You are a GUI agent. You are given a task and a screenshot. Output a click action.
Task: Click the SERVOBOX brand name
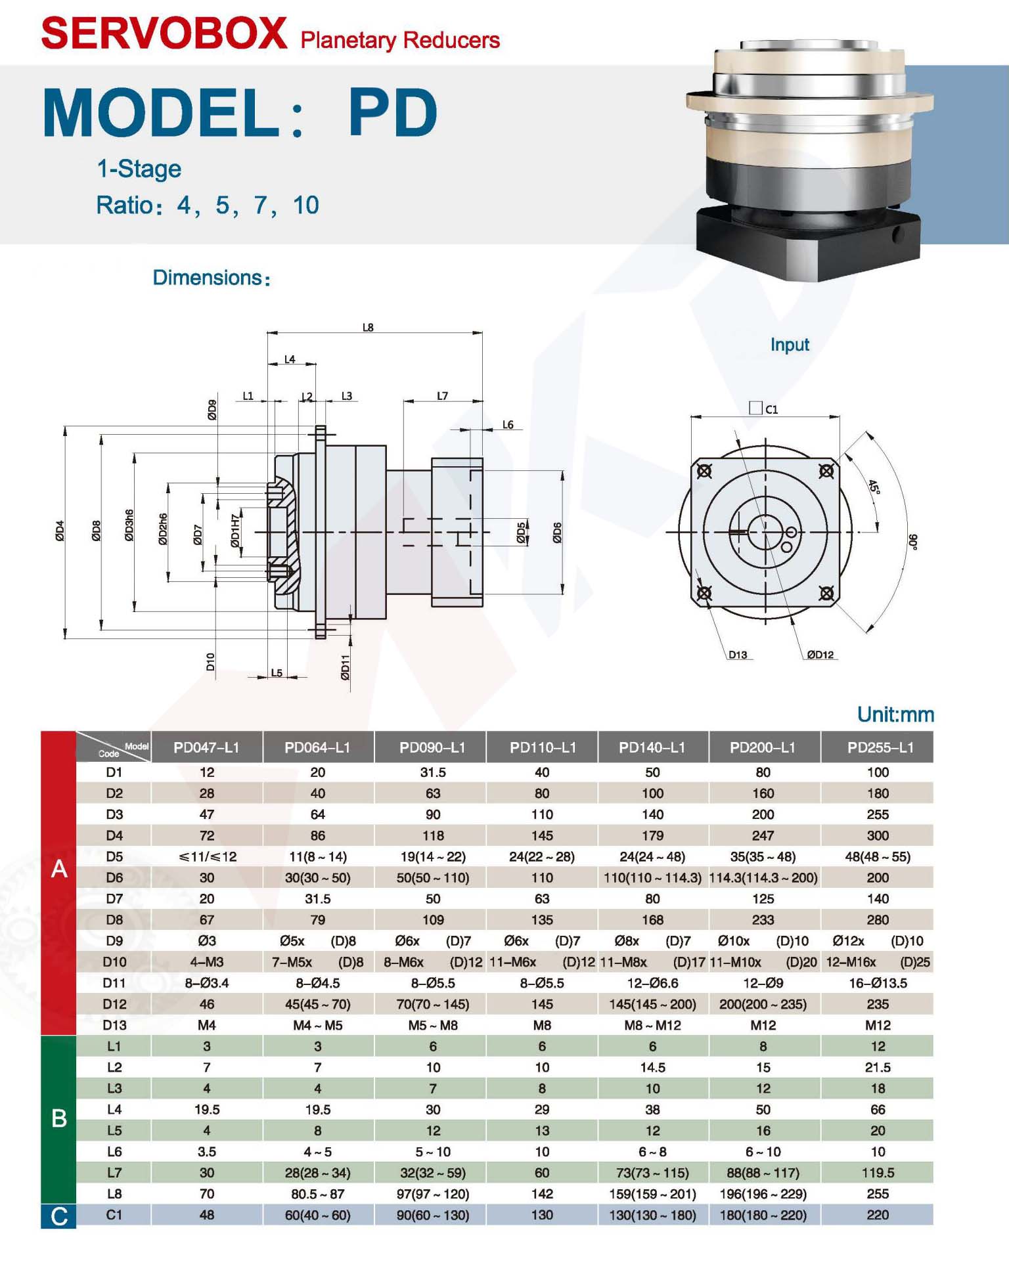pyautogui.click(x=164, y=33)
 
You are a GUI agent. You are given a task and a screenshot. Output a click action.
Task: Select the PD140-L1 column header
pyautogui.click(x=652, y=747)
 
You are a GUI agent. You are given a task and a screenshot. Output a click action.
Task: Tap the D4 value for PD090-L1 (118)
pyautogui.click(x=432, y=835)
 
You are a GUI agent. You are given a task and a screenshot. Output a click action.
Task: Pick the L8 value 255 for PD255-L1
pyautogui.click(x=877, y=1193)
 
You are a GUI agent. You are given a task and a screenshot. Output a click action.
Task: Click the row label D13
pyautogui.click(x=114, y=1024)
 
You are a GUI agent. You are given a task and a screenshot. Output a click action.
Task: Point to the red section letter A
pyautogui.click(x=58, y=868)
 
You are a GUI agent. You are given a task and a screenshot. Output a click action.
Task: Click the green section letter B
pyautogui.click(x=58, y=1118)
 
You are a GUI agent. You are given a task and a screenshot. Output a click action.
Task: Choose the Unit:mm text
pyautogui.click(x=895, y=714)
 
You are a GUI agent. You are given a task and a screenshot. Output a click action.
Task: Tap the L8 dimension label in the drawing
pyautogui.click(x=368, y=327)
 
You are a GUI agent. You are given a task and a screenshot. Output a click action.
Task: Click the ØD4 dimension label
pyautogui.click(x=60, y=531)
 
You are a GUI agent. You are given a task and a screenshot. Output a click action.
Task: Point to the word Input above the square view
pyautogui.click(x=789, y=345)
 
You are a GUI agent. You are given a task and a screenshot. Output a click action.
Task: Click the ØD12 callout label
pyautogui.click(x=820, y=655)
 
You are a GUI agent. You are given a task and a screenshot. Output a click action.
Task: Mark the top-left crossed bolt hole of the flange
pyautogui.click(x=704, y=471)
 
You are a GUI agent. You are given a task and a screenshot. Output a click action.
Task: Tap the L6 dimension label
pyautogui.click(x=508, y=425)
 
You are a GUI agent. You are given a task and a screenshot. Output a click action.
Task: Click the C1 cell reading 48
pyautogui.click(x=206, y=1214)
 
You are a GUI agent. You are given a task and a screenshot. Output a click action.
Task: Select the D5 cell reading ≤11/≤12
pyautogui.click(x=206, y=856)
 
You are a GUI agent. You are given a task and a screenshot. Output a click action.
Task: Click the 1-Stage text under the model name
pyautogui.click(x=139, y=169)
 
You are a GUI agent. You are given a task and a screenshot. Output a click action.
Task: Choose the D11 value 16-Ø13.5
pyautogui.click(x=877, y=982)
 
